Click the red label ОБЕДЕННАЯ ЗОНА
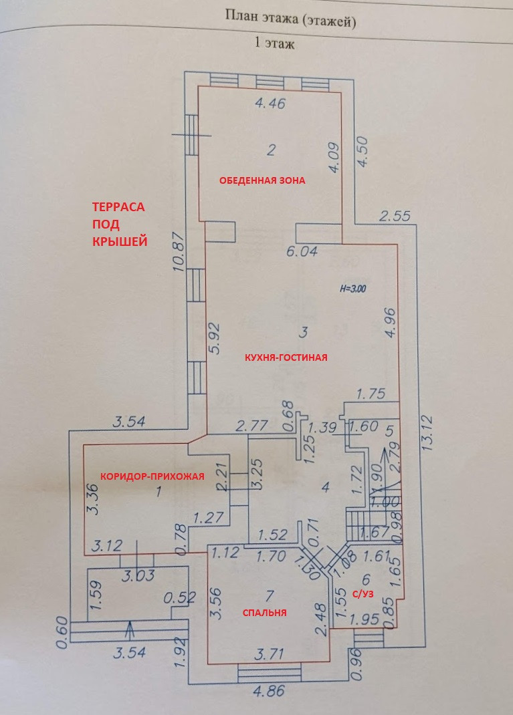click(262, 180)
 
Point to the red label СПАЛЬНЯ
click(264, 612)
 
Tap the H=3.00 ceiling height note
click(354, 289)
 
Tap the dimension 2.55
click(394, 216)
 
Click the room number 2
click(271, 150)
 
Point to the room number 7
click(270, 595)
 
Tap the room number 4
click(326, 487)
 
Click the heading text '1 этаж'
click(275, 45)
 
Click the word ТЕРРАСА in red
click(118, 207)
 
